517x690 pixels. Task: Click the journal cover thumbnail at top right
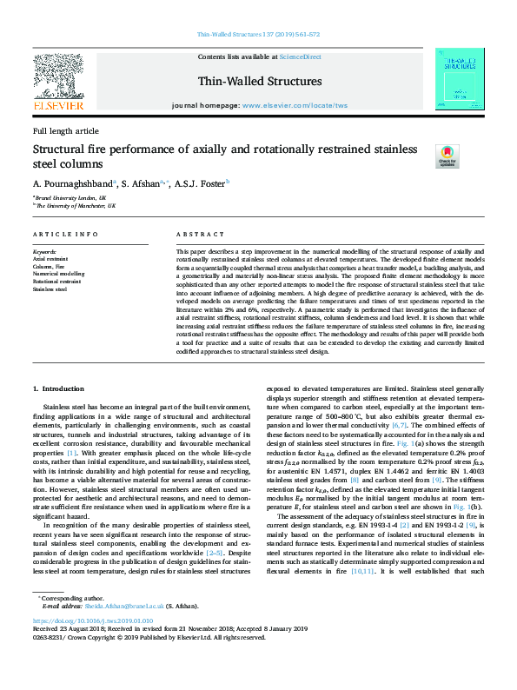pos(459,79)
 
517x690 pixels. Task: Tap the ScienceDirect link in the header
pos(301,56)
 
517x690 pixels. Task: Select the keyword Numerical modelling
pos(59,273)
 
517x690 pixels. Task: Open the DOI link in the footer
pos(93,646)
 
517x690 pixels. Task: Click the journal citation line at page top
pos(258,34)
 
